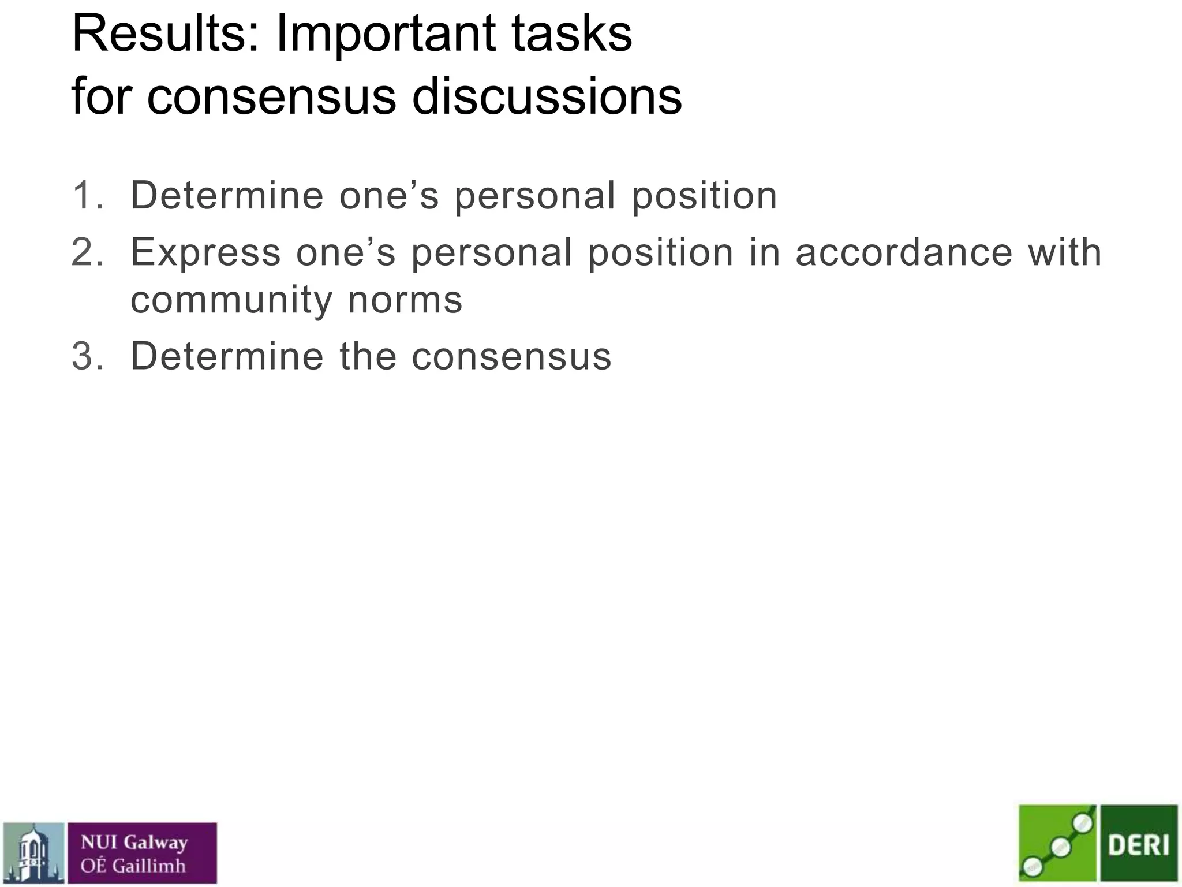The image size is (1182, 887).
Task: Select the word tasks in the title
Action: [571, 35]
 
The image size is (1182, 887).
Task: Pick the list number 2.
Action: [87, 252]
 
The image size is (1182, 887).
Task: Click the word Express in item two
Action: [205, 254]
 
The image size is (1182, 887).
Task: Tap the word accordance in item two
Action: [904, 252]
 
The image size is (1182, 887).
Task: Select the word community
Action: [231, 301]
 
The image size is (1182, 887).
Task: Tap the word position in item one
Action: [704, 196]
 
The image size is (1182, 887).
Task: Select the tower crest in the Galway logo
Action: [33, 853]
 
